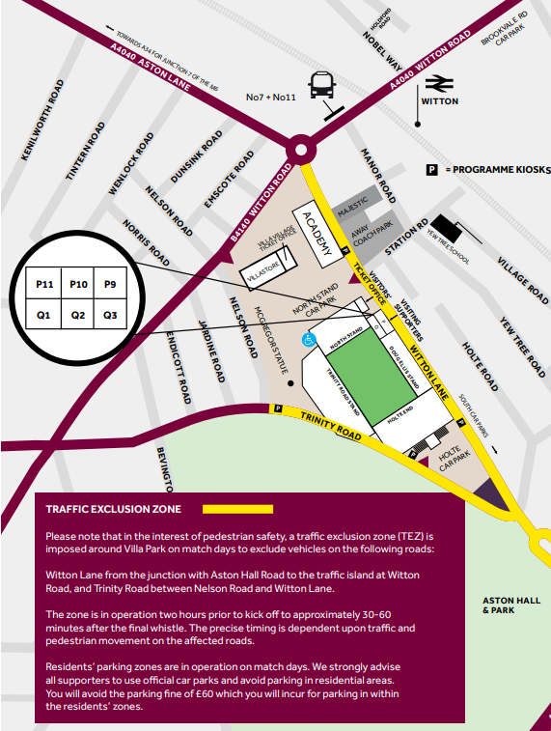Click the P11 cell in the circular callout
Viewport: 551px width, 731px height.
44,285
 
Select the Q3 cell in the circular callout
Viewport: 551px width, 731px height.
110,314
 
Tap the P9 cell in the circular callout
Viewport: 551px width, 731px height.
110,285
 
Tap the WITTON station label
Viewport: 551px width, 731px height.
440,101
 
